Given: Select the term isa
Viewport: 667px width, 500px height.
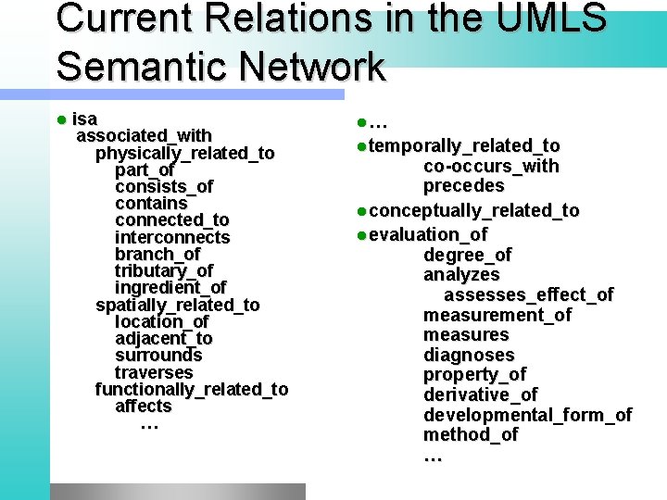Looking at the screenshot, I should pyautogui.click(x=84, y=119).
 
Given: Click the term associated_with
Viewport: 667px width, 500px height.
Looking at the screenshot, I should pyautogui.click(x=144, y=136).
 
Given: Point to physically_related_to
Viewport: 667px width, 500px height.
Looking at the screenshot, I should pyautogui.click(x=185, y=153).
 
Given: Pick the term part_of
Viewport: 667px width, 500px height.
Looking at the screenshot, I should pyautogui.click(x=145, y=170).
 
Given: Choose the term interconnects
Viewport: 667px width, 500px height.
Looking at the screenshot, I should pyautogui.click(x=172, y=237).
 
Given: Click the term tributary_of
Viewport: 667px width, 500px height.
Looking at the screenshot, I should pyautogui.click(x=164, y=271).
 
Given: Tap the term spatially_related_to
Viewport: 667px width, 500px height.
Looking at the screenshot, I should pyautogui.click(x=178, y=305).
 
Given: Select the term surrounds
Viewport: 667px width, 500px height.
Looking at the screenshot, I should pyautogui.click(x=158, y=356).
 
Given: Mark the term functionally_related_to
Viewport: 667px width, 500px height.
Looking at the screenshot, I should pyautogui.click(x=192, y=389).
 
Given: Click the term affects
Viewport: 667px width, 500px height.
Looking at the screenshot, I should pyautogui.click(x=144, y=406).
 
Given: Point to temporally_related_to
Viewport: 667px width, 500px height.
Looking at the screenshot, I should pyautogui.click(x=464, y=145).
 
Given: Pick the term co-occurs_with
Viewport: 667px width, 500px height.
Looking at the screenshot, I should pyautogui.click(x=491, y=167).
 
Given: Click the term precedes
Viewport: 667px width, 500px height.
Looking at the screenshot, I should pyautogui.click(x=464, y=186).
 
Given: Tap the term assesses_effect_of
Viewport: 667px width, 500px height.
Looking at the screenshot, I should pyautogui.click(x=529, y=295).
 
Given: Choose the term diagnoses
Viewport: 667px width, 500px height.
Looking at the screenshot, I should pyautogui.click(x=469, y=356).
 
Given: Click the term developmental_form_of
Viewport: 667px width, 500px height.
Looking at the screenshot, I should pyautogui.click(x=527, y=415).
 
